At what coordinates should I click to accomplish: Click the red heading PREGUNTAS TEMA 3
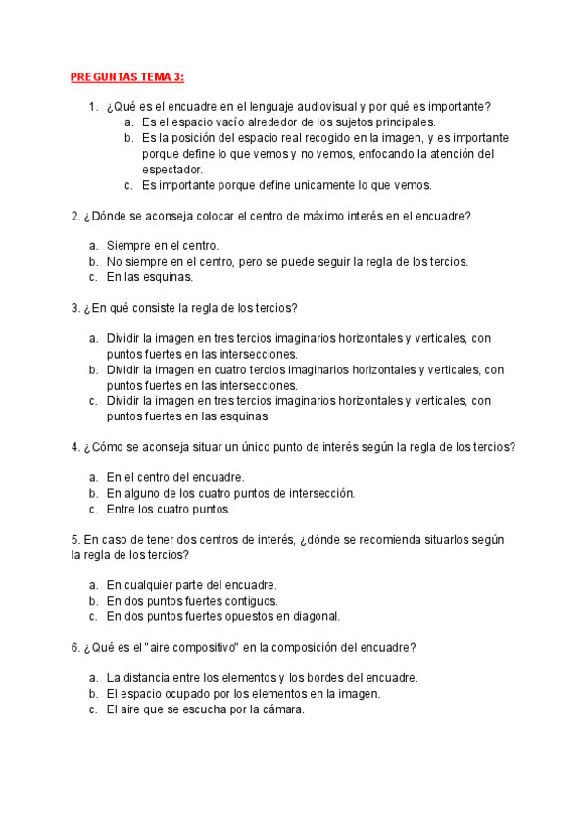point(127,78)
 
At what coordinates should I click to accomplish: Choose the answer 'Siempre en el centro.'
point(163,245)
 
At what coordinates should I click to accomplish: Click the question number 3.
point(75,308)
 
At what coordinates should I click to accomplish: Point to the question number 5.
point(75,540)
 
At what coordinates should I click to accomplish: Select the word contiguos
point(250,601)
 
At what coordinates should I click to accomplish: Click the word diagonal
point(316,616)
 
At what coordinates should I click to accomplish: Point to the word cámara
point(284,709)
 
